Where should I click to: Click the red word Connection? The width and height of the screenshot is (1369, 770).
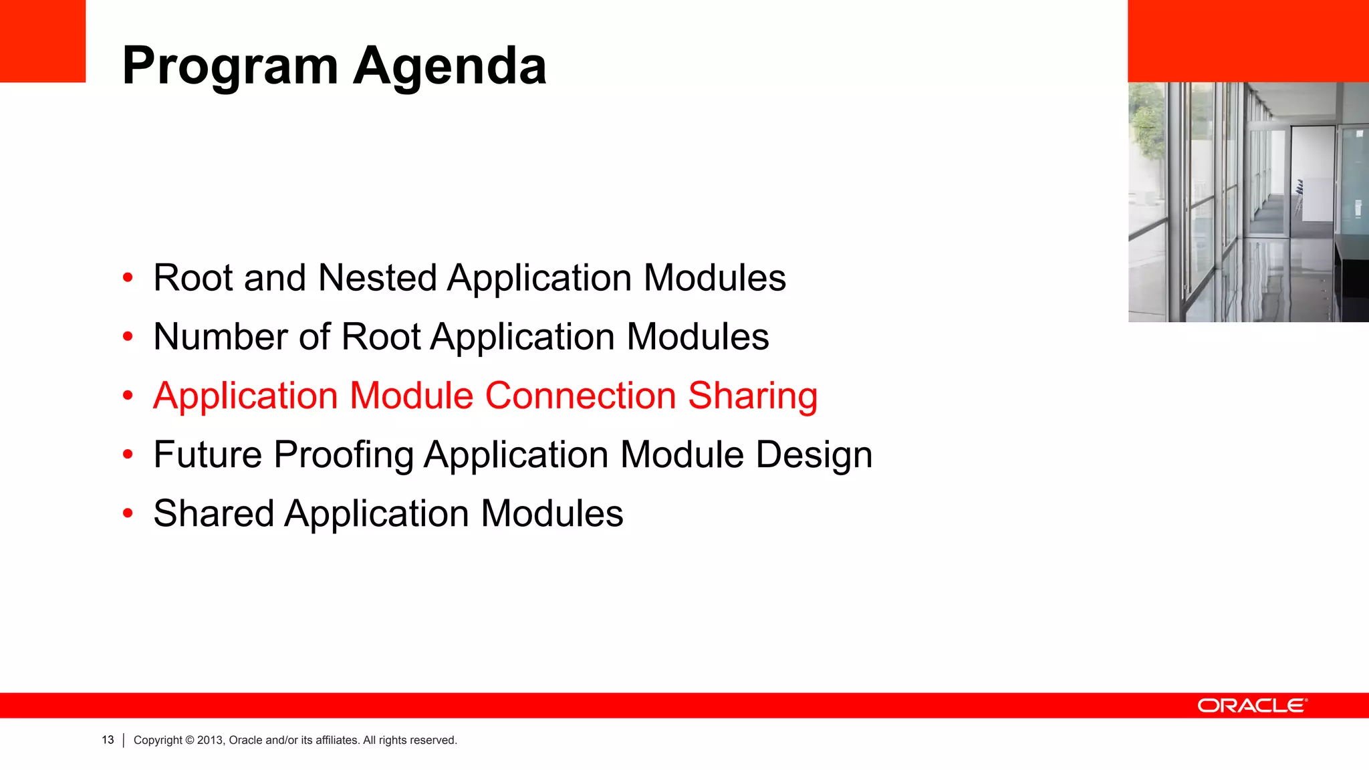580,396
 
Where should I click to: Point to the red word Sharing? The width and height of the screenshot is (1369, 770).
753,396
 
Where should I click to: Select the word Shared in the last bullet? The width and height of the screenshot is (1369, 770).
213,513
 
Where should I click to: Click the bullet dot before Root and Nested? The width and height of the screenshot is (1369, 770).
128,278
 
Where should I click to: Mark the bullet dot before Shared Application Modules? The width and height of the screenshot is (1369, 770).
128,513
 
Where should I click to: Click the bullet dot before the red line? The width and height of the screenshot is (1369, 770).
128,396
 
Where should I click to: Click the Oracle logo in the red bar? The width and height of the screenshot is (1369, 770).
1252,706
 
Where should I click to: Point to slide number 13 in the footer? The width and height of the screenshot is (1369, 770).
108,740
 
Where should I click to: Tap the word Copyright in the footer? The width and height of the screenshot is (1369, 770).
158,740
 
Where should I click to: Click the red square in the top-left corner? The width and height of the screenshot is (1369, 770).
43,41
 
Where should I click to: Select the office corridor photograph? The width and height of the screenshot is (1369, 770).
1248,202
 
